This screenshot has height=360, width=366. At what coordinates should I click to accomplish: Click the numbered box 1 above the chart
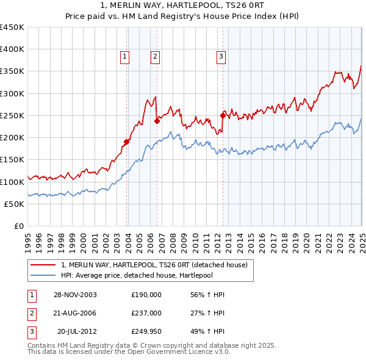124,57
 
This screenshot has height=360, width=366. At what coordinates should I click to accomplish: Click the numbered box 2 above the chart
155,57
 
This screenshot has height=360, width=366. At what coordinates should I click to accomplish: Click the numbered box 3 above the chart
220,57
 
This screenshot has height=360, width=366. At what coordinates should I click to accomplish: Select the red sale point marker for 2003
127,142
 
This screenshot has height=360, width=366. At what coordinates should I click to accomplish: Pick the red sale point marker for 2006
157,121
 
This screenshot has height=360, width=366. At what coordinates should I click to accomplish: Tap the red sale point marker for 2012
223,115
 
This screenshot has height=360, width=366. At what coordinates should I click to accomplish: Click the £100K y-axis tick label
12,182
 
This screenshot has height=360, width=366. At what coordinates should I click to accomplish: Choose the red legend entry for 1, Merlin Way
154,265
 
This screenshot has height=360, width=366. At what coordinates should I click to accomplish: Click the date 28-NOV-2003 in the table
75,295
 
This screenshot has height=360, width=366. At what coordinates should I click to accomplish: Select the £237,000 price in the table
146,313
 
